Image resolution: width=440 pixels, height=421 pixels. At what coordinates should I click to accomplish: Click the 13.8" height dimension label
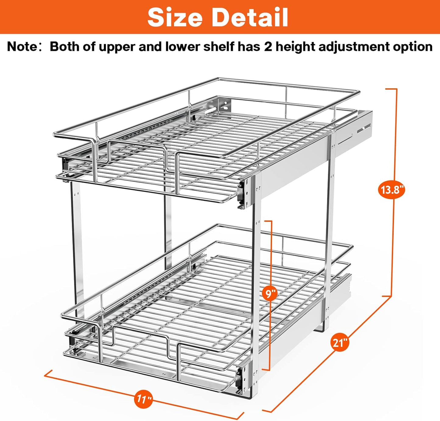click(392, 190)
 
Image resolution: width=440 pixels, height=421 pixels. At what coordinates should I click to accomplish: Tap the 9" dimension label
click(270, 294)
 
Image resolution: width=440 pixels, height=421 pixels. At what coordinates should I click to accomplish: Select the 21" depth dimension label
click(340, 343)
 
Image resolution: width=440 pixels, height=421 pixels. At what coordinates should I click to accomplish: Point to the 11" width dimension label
click(143, 399)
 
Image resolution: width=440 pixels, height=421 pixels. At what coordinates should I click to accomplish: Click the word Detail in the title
click(250, 17)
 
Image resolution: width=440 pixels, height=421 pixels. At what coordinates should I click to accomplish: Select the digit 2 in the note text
click(268, 47)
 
